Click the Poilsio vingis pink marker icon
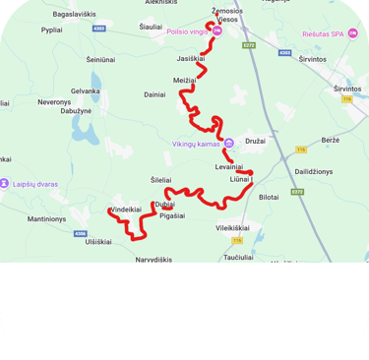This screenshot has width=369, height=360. click(x=218, y=30)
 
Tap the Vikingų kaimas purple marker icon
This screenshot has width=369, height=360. click(x=228, y=143)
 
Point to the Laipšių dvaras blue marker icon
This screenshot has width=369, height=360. click(x=7, y=182)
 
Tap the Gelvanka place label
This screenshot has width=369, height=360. click(x=85, y=91)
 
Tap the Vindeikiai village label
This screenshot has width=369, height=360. click(x=126, y=210)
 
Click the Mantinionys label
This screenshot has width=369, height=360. click(x=47, y=218)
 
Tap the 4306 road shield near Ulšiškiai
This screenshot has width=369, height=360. click(x=81, y=233)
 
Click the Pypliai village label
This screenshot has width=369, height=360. click(x=52, y=30)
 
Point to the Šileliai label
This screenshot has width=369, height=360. click(x=160, y=180)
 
